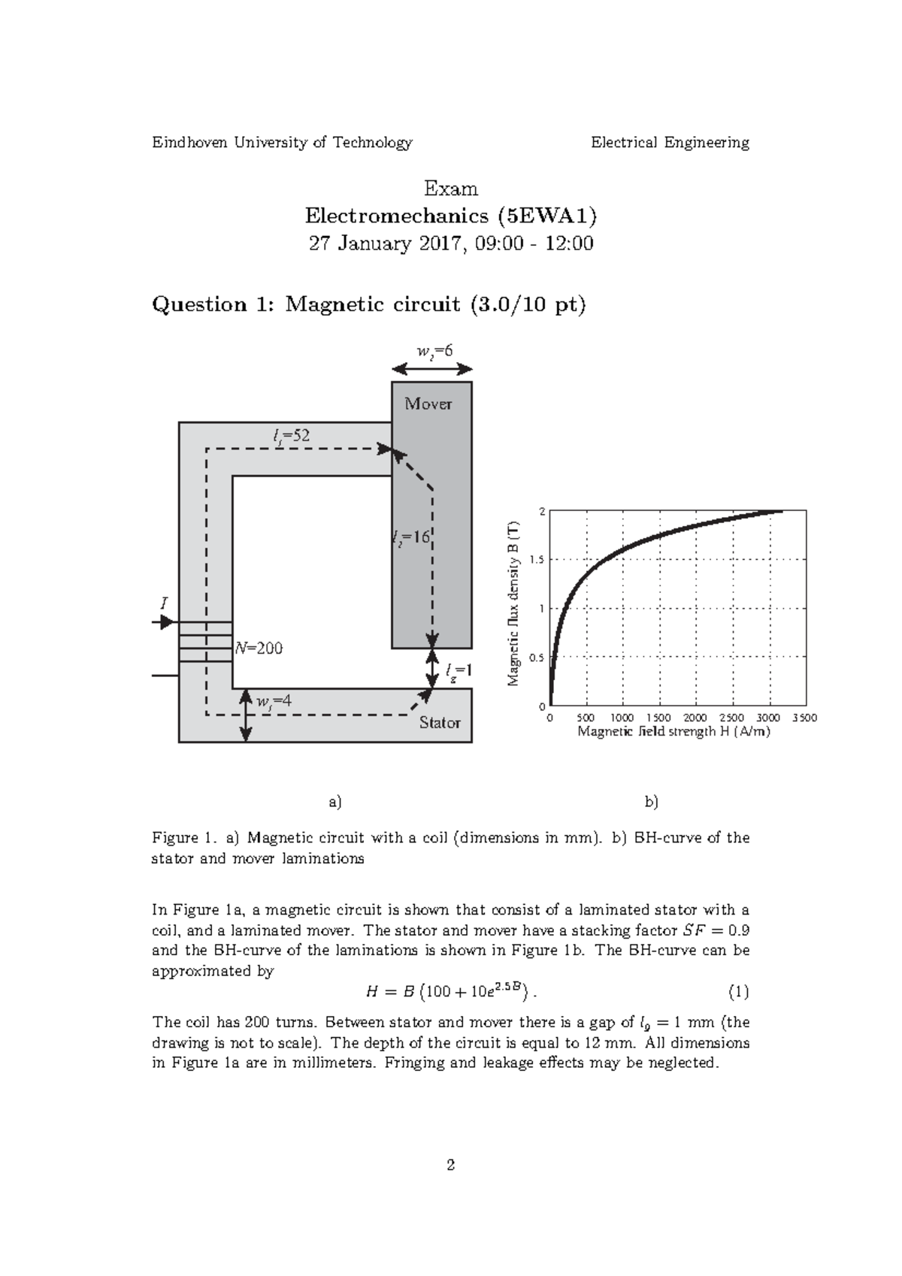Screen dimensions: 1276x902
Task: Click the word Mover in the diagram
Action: (x=428, y=404)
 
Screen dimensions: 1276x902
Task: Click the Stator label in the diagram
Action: (x=440, y=722)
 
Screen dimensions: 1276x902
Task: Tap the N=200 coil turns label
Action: (x=259, y=648)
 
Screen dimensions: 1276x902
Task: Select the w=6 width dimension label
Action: (x=434, y=350)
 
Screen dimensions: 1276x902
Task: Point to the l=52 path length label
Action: (x=292, y=435)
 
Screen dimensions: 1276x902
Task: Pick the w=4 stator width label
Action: (x=274, y=702)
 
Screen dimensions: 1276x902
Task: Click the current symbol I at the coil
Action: (x=164, y=603)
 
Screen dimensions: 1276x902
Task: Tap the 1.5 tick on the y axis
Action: (x=537, y=560)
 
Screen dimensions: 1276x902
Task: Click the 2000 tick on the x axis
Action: (x=695, y=718)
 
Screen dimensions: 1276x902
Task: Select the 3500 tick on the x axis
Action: (x=804, y=718)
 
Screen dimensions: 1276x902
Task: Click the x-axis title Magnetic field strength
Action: (x=673, y=732)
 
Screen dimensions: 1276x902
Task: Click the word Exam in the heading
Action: (x=451, y=188)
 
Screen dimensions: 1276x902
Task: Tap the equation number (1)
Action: (x=738, y=992)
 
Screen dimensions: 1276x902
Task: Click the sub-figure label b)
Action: (x=651, y=802)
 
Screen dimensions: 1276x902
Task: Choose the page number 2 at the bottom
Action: (x=451, y=1166)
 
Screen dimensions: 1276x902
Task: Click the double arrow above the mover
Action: (x=432, y=368)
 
